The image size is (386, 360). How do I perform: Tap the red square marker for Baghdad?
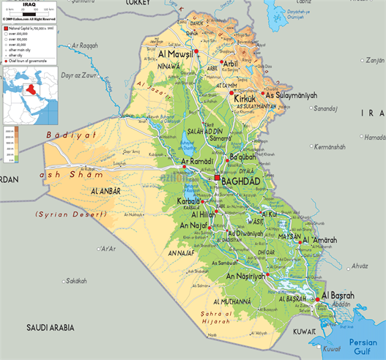(217, 178)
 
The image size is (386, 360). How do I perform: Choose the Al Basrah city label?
(338, 295)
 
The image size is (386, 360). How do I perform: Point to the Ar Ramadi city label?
(197, 160)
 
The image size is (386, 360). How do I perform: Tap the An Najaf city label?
(193, 226)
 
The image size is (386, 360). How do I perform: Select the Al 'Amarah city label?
(326, 241)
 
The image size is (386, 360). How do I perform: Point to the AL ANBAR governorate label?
(105, 191)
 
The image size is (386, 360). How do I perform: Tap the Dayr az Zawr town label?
(79, 75)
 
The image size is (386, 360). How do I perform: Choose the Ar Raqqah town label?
(83, 45)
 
